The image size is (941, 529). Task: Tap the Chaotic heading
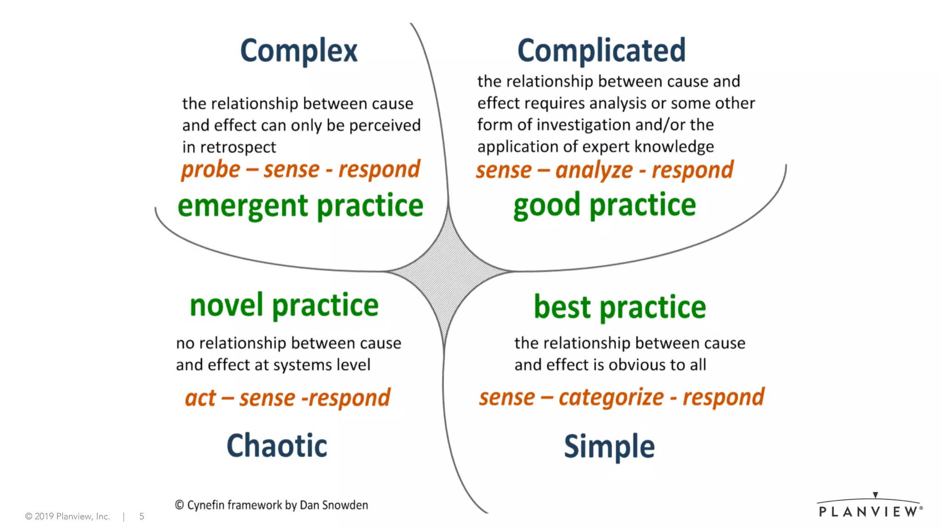click(277, 445)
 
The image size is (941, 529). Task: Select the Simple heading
click(609, 446)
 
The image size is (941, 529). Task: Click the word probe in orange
click(210, 170)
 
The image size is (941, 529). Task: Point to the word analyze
click(594, 170)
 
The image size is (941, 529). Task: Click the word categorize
click(611, 397)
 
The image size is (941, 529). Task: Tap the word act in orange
click(200, 398)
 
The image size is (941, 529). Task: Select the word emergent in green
click(243, 206)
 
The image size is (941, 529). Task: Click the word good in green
click(547, 205)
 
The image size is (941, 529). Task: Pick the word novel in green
click(227, 305)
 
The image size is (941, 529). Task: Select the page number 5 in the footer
click(142, 517)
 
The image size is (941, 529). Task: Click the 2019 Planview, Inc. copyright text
click(68, 517)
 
